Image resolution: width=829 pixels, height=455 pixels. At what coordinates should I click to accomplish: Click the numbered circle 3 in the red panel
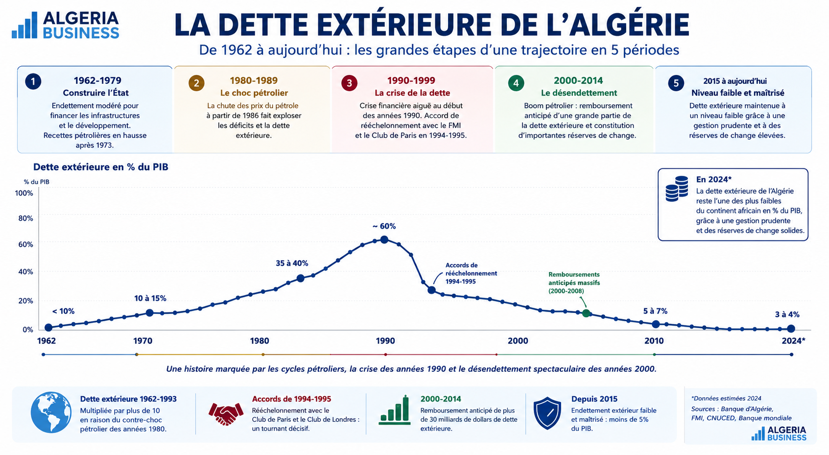point(349,83)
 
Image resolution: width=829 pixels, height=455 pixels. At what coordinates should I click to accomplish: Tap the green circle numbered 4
point(516,83)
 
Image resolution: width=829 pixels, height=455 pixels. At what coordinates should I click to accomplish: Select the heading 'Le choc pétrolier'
point(254,93)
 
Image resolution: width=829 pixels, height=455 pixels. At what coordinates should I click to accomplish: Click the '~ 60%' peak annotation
point(384,226)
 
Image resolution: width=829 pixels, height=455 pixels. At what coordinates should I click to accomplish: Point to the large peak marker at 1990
point(384,239)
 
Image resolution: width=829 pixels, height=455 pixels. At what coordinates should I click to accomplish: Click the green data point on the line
point(586,313)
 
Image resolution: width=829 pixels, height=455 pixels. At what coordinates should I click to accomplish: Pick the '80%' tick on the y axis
point(25,218)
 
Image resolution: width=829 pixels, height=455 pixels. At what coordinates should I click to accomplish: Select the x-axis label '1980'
point(260,340)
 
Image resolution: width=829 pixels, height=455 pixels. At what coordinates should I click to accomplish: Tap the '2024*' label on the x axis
point(793,340)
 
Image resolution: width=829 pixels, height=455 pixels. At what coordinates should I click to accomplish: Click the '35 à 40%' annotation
point(292,263)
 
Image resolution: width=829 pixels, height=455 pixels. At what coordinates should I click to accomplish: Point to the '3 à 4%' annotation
point(787,315)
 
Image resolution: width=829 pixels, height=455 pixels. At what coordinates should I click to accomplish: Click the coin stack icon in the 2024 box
point(677,189)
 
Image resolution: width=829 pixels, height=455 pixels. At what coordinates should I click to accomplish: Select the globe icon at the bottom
point(51,412)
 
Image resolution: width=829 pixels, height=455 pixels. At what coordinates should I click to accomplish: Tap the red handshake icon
point(226,413)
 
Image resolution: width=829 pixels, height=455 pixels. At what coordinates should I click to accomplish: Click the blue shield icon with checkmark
point(547,413)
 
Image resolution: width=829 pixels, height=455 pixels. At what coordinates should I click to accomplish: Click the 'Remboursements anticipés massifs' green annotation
point(574,283)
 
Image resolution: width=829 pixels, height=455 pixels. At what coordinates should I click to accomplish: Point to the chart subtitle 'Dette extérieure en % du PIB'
point(101,167)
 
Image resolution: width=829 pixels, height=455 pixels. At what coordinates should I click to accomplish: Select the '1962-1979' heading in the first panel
point(97,80)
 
